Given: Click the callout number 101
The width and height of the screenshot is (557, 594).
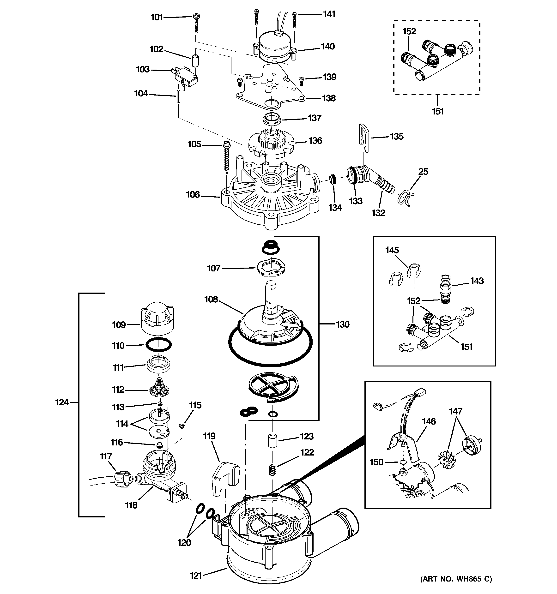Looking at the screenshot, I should [x=156, y=17].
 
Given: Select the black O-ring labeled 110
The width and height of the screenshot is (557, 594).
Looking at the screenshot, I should [x=158, y=345].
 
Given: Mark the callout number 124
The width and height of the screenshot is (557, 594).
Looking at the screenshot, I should [x=62, y=402].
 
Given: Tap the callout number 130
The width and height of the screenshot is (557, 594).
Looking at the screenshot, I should [x=342, y=324].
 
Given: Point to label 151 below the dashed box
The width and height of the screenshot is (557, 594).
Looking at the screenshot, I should [x=437, y=111].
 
